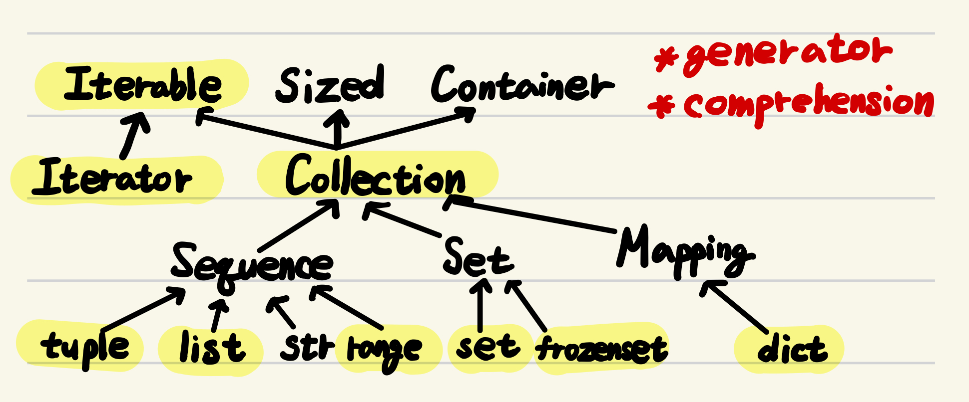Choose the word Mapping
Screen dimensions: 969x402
(x=684, y=252)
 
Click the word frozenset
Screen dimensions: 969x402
(x=601, y=349)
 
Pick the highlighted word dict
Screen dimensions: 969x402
(x=792, y=350)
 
